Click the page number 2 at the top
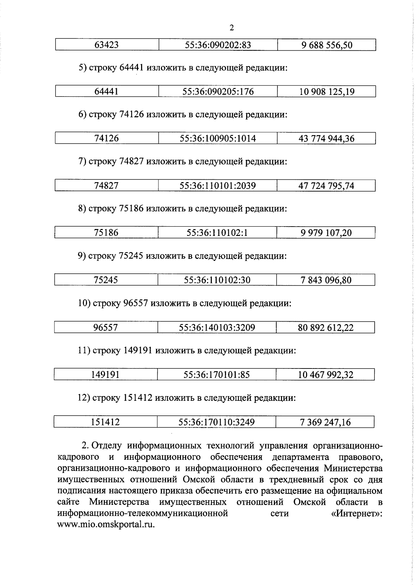click(x=232, y=28)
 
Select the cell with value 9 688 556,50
click(x=327, y=45)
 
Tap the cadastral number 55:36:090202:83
click(x=218, y=45)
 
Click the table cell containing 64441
click(x=106, y=92)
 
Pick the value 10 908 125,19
click(x=327, y=92)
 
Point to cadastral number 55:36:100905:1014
click(x=218, y=139)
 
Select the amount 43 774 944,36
click(x=327, y=139)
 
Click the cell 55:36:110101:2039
click(x=217, y=186)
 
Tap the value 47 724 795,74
click(x=326, y=186)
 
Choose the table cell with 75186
click(x=106, y=233)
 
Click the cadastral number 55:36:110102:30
click(x=217, y=280)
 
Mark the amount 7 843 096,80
click(x=326, y=280)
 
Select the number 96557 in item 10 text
click(x=136, y=304)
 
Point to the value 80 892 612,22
click(x=326, y=328)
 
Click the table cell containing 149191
click(x=105, y=375)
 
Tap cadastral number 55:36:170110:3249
click(x=216, y=422)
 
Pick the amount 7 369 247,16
click(x=325, y=422)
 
